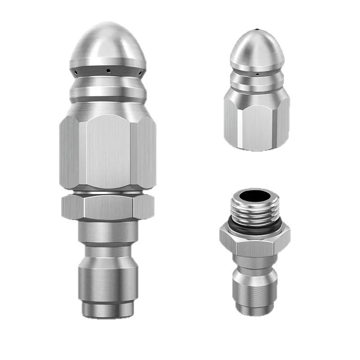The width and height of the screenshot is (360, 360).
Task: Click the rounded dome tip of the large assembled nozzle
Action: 108,43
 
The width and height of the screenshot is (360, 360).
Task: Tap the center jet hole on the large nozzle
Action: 108,70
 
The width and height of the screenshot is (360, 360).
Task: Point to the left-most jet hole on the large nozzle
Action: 77,72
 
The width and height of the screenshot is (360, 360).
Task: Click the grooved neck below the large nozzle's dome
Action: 108,90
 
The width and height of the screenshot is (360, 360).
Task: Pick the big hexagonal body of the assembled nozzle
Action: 108,151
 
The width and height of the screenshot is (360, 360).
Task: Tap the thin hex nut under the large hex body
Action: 108,207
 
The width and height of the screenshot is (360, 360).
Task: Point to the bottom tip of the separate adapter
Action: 255,310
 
